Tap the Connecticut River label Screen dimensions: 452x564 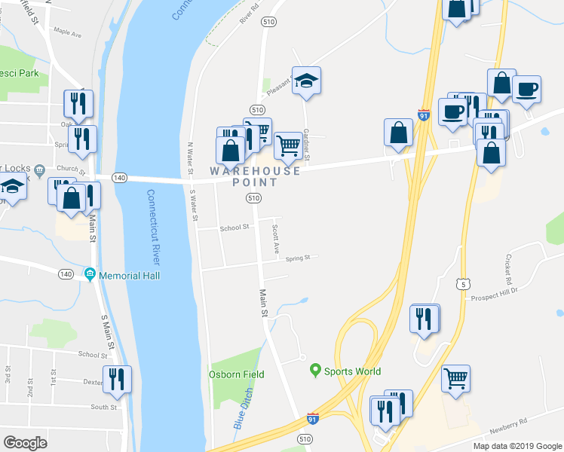click(x=154, y=227)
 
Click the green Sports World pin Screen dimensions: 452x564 click(x=316, y=370)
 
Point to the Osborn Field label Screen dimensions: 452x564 click(x=231, y=374)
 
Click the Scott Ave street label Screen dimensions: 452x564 click(x=276, y=237)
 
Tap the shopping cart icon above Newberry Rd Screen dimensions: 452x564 click(x=455, y=378)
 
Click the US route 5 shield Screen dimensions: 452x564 click(x=462, y=283)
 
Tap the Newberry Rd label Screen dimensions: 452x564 click(x=513, y=426)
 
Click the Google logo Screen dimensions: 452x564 click(x=25, y=442)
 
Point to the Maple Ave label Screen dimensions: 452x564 click(x=67, y=32)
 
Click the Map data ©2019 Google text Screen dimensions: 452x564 click(x=517, y=446)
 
